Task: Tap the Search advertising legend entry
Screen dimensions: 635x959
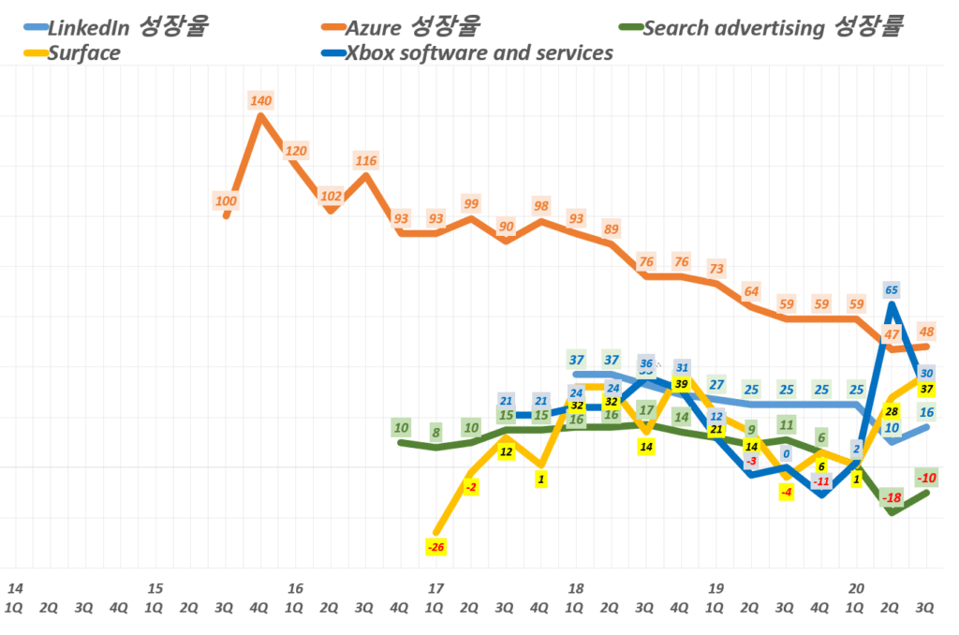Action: click(x=772, y=27)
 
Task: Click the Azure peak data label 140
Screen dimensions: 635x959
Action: click(x=260, y=100)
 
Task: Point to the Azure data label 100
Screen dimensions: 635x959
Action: click(x=226, y=200)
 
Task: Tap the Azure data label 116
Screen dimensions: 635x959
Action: click(x=366, y=161)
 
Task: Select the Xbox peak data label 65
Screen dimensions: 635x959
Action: click(x=892, y=290)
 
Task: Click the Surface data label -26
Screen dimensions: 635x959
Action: click(x=435, y=546)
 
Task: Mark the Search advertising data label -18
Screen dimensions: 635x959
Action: click(x=892, y=497)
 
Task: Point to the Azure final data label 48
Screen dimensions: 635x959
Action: click(x=927, y=331)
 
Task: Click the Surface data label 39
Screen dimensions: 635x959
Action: click(x=681, y=384)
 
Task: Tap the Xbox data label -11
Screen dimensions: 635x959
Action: click(x=821, y=481)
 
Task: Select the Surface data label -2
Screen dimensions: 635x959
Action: click(x=471, y=487)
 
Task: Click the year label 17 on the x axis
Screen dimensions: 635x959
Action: click(x=435, y=589)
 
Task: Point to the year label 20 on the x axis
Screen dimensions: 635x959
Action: click(x=856, y=589)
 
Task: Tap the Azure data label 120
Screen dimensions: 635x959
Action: click(x=296, y=151)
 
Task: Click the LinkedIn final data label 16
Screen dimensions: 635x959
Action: click(x=927, y=412)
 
